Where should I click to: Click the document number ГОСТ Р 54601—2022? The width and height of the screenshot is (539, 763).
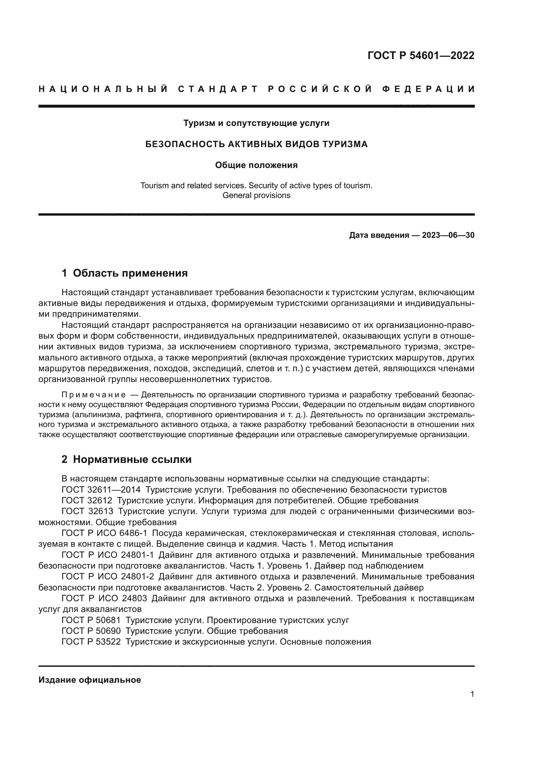(x=421, y=55)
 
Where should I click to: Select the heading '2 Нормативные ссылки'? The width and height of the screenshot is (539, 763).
(x=126, y=459)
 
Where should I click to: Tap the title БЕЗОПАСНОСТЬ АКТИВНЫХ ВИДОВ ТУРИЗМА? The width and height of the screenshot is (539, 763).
(x=256, y=144)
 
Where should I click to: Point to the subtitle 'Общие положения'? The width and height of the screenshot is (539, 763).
(x=256, y=165)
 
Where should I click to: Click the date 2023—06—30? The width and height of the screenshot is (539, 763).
(x=448, y=235)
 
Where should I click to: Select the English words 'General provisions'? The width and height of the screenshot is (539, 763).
(x=256, y=195)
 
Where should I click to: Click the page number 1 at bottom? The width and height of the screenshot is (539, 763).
(x=472, y=694)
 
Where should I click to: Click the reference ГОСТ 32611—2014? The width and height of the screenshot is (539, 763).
(x=101, y=490)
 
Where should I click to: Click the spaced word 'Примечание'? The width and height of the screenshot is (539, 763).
(x=94, y=395)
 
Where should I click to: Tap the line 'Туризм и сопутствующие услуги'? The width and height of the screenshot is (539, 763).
(x=256, y=123)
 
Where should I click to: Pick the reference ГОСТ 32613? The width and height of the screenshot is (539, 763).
(x=87, y=511)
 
